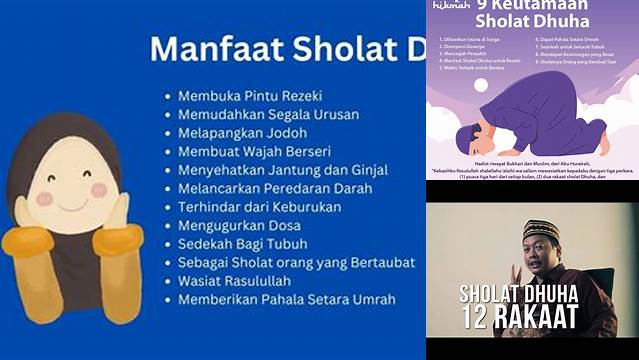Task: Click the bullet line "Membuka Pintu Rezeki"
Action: [x=250, y=96]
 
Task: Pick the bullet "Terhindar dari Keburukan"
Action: [x=259, y=206]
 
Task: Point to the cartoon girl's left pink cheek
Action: [x=44, y=198]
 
